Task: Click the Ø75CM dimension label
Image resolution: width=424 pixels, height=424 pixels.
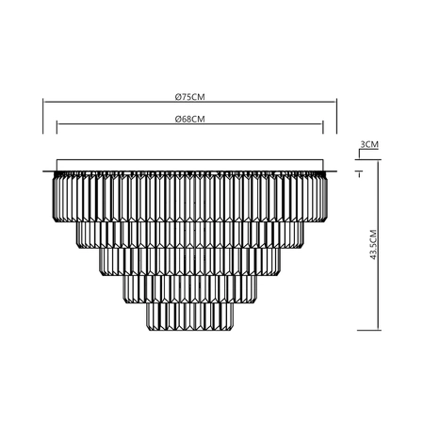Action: (x=190, y=96)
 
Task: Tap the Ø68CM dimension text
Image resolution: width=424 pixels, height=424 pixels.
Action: (x=190, y=119)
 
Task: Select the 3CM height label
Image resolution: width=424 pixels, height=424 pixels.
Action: (x=369, y=144)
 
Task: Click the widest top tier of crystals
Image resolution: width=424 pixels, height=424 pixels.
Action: (x=191, y=196)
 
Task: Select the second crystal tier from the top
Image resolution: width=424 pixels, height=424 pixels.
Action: (x=191, y=234)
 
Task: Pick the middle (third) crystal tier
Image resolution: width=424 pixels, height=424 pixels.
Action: (x=191, y=263)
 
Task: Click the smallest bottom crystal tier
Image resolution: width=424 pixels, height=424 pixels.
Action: (x=191, y=315)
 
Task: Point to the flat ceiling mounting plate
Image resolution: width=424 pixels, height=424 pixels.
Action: (x=191, y=165)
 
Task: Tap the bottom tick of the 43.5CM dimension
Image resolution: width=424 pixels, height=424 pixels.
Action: (x=359, y=330)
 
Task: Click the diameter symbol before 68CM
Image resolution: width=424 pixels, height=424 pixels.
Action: (x=178, y=119)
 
